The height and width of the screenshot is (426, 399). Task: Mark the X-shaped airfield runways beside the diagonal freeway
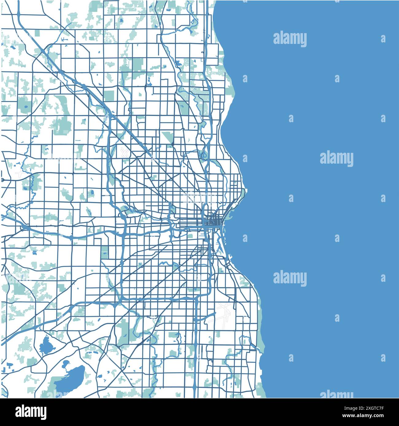click(x=125, y=152)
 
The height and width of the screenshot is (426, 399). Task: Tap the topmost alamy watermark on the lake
click(x=290, y=39)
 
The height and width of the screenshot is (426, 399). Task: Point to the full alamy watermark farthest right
click(x=336, y=159)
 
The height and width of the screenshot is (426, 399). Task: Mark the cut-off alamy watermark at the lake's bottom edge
click(x=336, y=394)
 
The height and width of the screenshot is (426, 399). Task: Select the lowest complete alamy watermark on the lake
click(x=290, y=278)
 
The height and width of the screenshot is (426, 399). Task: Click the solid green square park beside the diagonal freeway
click(x=108, y=96)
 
